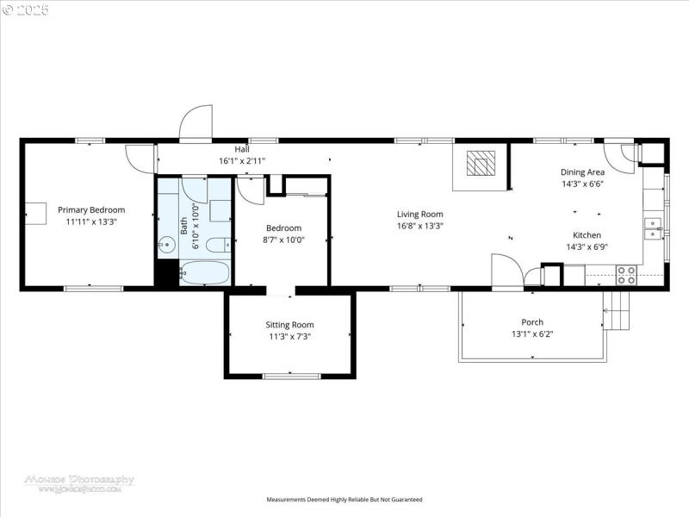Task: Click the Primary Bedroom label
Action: (91, 209)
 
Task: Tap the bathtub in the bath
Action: (204, 273)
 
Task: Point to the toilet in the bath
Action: (219, 244)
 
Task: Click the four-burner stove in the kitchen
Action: (626, 275)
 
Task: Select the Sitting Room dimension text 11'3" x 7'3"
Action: (289, 337)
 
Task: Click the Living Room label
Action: (419, 215)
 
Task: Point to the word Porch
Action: (531, 322)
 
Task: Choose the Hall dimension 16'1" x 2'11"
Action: (242, 160)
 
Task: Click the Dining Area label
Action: (582, 172)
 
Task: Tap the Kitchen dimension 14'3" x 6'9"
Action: (583, 246)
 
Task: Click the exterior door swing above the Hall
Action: (196, 123)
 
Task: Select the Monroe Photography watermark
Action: (79, 482)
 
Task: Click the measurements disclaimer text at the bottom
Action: (344, 499)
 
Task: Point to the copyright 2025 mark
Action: (26, 10)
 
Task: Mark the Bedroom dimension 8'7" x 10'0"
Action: (283, 240)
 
